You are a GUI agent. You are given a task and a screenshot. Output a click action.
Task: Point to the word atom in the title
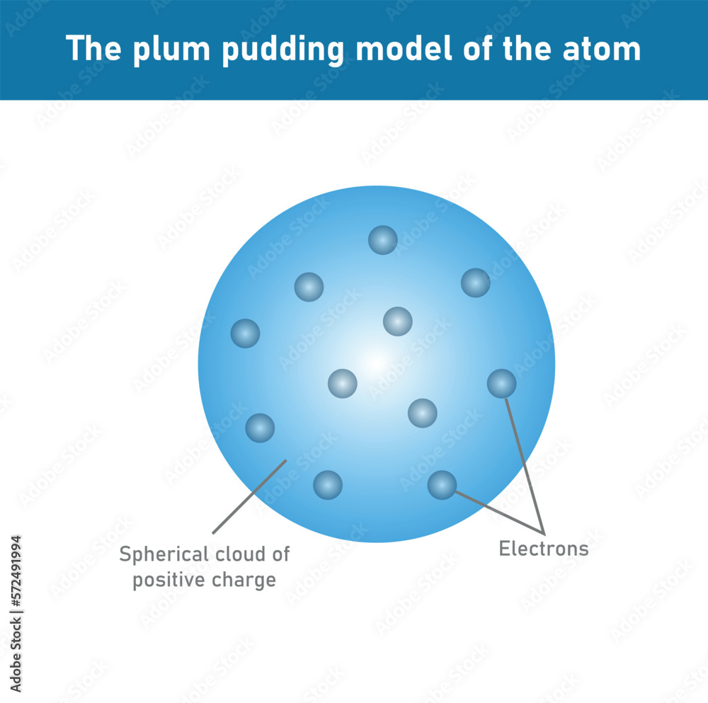click(x=606, y=49)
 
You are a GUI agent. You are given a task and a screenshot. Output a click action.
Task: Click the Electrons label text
click(x=544, y=549)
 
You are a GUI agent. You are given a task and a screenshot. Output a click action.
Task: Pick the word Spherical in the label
click(x=163, y=554)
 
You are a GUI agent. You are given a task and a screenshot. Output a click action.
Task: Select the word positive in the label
click(x=167, y=580)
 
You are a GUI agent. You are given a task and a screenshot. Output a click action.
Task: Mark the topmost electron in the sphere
click(x=383, y=240)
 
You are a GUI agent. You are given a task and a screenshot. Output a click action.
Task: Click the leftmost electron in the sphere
click(x=246, y=333)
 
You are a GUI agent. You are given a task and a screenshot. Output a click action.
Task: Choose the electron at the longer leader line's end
click(x=501, y=383)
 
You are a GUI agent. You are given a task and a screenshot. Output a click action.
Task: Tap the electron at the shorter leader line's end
click(x=442, y=485)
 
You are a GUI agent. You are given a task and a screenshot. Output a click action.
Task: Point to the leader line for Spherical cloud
click(x=249, y=496)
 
